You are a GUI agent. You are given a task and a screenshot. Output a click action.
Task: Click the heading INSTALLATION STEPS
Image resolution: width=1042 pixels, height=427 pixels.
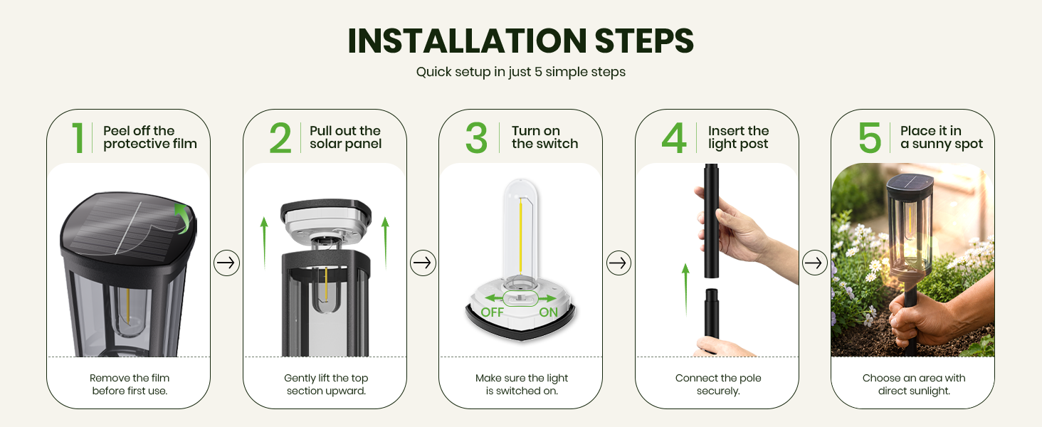520,41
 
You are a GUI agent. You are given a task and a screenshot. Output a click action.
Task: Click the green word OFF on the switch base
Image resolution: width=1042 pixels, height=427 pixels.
492,312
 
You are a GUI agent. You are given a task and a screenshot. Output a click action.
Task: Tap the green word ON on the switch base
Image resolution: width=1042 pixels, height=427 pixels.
549,312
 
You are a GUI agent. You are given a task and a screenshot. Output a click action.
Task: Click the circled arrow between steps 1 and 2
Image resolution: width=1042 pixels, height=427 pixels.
226,263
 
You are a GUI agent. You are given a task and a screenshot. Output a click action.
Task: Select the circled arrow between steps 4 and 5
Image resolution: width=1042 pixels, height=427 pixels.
814,263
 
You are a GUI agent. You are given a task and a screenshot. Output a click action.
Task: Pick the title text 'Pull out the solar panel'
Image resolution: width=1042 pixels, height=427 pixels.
345,137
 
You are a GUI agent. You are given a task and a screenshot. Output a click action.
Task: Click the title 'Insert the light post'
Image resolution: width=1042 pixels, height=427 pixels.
738,137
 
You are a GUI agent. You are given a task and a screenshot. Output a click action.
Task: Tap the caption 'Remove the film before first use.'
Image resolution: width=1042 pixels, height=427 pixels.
130,384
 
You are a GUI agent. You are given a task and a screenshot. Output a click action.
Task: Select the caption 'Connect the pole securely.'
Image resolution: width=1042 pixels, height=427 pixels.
718,384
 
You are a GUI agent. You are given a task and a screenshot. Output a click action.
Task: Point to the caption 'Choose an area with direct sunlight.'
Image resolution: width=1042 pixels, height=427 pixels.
914,384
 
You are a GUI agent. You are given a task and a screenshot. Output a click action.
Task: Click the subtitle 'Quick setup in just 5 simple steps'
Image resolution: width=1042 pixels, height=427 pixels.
520,72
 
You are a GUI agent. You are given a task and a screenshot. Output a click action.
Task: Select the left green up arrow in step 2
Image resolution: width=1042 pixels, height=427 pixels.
264,243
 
